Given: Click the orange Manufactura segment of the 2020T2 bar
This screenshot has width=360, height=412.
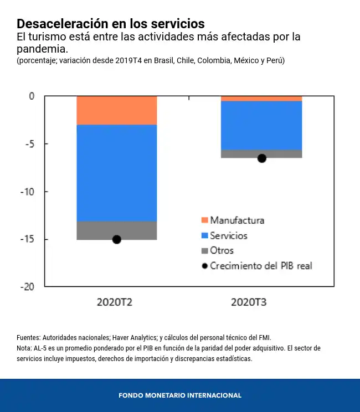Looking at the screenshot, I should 116,110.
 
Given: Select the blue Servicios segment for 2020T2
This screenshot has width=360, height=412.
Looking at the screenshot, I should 116,173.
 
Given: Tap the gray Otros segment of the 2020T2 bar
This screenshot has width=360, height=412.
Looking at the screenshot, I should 116,230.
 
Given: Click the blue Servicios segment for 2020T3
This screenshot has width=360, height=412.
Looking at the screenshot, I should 261,125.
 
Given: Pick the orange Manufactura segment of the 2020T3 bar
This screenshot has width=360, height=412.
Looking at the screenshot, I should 261,99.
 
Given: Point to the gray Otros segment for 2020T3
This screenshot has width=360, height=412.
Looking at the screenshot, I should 261,154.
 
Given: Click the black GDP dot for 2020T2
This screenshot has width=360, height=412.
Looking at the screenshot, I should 117,239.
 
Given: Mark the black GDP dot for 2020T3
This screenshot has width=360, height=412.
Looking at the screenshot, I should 262,158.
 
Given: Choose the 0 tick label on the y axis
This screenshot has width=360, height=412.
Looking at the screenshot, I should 32,96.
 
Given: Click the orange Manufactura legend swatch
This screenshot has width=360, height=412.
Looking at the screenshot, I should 204,220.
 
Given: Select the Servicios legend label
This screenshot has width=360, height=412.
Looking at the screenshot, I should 229,235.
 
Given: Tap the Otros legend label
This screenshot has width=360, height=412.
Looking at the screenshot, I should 222,250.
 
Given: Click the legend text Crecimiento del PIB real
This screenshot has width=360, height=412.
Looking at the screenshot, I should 261,266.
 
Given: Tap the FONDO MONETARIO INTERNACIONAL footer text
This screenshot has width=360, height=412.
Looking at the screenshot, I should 180,395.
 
